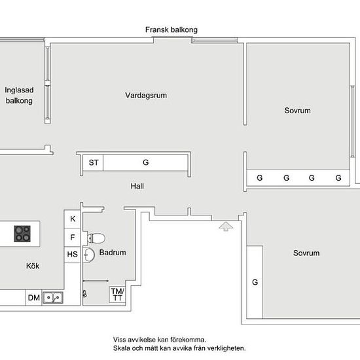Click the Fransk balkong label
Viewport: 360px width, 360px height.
click(x=171, y=30)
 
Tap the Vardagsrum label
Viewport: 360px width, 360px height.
click(x=146, y=96)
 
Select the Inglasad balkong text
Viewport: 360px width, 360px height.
click(x=19, y=96)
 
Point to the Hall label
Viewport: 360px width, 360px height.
click(x=137, y=186)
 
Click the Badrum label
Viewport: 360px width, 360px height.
click(x=113, y=253)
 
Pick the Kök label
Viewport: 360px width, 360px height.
click(x=33, y=266)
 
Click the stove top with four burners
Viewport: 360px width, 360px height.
click(x=22, y=234)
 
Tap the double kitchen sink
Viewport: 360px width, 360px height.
click(x=53, y=298)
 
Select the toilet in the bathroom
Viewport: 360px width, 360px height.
click(x=96, y=238)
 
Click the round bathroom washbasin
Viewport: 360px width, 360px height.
click(x=89, y=255)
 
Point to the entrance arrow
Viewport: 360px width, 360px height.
click(x=226, y=226)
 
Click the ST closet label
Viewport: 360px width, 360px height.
click(x=94, y=162)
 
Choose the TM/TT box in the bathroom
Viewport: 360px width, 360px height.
click(x=118, y=295)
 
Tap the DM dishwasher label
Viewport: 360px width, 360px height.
click(x=34, y=298)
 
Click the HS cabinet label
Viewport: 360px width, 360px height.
click(x=72, y=255)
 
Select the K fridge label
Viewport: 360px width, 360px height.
click(x=73, y=219)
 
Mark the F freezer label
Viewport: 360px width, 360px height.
click(x=73, y=237)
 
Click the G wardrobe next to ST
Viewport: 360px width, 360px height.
click(x=146, y=162)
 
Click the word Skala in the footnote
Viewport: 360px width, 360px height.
click(x=122, y=348)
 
